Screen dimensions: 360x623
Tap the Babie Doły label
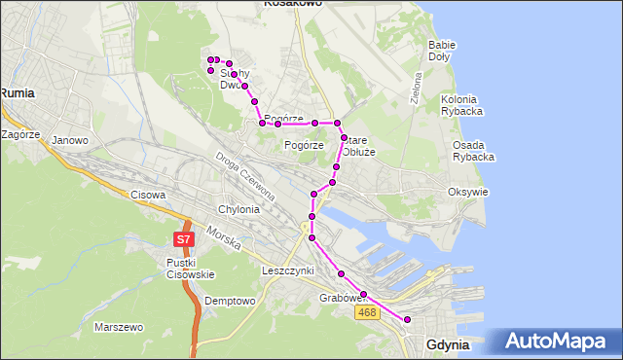pos(442,51)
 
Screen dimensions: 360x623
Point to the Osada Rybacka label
pos(474,151)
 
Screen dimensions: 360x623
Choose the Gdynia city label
pos(448,345)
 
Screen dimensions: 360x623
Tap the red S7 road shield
pos(183,238)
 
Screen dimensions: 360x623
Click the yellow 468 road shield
pos(367,311)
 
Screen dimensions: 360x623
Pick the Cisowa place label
pos(147,195)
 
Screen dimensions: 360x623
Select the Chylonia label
pos(239,209)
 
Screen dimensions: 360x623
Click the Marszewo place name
pos(119,327)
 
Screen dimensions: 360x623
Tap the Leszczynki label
pos(287,270)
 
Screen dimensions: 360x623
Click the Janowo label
pos(70,140)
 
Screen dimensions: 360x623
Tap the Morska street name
pos(225,239)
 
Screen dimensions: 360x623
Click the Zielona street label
pos(416,88)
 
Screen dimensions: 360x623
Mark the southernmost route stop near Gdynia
pos(408,320)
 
